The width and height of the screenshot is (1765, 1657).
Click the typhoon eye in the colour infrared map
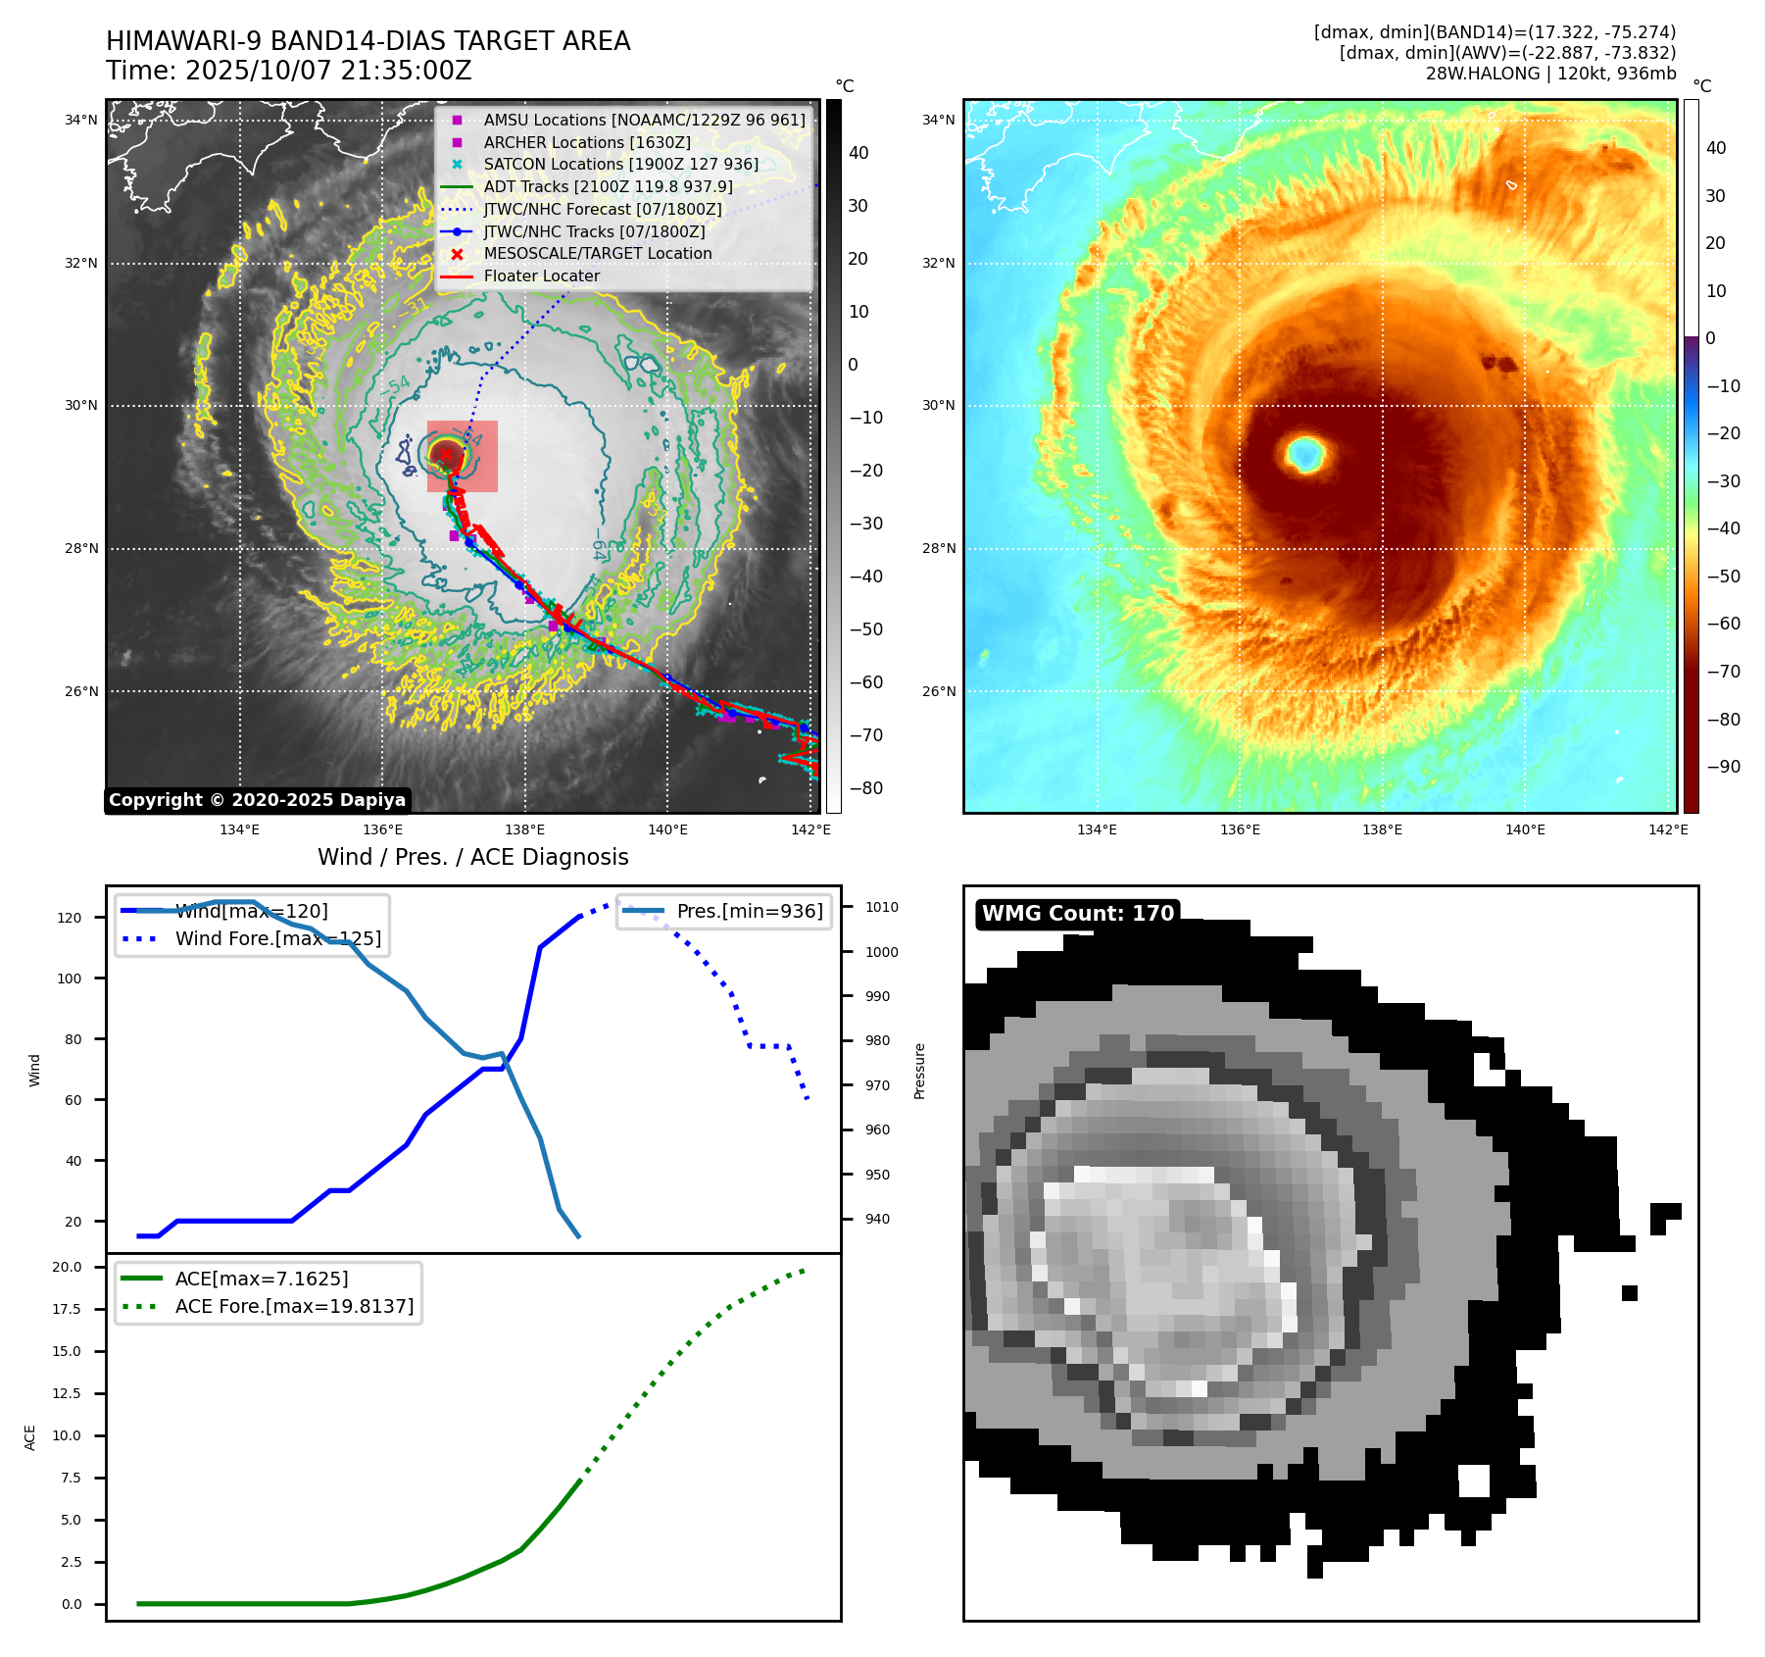pos(1305,454)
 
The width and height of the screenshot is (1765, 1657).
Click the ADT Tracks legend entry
pos(608,186)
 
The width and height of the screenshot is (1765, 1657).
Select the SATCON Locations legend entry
pos(620,164)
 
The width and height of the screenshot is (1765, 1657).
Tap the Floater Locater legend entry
pos(541,276)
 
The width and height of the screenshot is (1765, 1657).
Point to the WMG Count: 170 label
pos(1078,914)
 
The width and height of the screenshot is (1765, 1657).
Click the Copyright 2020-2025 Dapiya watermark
pos(257,800)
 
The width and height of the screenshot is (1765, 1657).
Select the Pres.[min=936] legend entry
pos(750,911)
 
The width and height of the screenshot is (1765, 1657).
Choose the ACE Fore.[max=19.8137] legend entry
pos(294,1306)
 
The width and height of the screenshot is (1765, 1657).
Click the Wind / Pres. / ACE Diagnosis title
pos(473,857)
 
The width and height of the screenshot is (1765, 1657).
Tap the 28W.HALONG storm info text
pos(1550,74)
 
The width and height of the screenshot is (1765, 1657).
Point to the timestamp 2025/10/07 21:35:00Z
pos(328,71)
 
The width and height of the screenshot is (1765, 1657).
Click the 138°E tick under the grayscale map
pos(525,829)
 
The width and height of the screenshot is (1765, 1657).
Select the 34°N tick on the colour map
pos(938,121)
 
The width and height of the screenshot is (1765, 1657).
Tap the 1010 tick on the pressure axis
pos(881,907)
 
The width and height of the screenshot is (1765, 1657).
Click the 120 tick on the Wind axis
pos(70,918)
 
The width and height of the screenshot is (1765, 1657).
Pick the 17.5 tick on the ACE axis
pos(67,1309)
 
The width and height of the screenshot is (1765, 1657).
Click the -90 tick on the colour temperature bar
pos(1723,767)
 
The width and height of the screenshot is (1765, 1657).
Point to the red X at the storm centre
pos(446,454)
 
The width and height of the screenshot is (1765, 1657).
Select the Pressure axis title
pos(919,1071)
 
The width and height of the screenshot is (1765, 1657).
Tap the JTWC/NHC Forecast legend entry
pos(602,209)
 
